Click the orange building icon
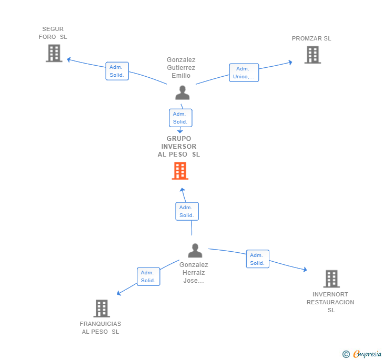point(180,171)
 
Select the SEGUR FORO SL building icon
point(54,53)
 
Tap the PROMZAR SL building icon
point(313,55)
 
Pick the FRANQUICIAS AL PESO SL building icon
point(102,308)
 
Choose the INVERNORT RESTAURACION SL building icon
point(331,279)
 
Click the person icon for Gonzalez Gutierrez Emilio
point(183,92)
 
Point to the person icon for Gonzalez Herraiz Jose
point(195,250)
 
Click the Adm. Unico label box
point(244,73)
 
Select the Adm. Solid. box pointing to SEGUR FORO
point(117,71)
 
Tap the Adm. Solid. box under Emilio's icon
point(180,118)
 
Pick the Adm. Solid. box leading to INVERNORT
point(257,259)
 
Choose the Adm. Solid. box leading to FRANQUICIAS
point(148,276)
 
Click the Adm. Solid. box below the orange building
point(187,211)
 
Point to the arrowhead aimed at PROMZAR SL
point(290,62)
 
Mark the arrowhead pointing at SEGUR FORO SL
point(69,59)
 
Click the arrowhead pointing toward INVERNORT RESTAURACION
point(305,270)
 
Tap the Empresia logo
point(362,354)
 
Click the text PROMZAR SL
point(311,38)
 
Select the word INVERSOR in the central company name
point(179,147)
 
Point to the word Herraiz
point(194,273)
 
